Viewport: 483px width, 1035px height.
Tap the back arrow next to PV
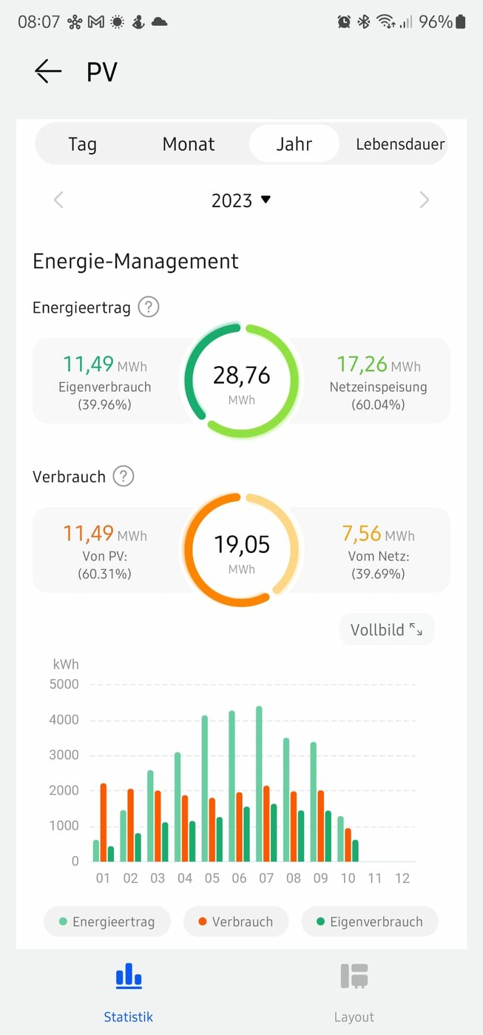coord(48,71)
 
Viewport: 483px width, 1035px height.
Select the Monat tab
coord(189,144)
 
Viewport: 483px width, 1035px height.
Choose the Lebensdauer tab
coord(400,144)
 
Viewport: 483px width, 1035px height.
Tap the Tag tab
coord(82,144)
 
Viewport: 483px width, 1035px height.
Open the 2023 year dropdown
coord(241,200)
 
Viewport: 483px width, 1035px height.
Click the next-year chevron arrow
coord(425,200)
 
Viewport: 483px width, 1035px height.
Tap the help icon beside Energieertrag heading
coord(149,307)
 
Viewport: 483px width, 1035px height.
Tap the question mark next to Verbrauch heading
coord(124,476)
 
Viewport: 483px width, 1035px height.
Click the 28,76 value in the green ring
coord(241,375)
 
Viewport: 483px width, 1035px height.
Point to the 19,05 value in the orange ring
coord(242,544)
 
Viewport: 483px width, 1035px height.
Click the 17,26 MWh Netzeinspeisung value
coord(379,364)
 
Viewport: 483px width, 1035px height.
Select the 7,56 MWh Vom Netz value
coord(378,533)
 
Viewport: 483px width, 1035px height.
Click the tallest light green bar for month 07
coord(260,784)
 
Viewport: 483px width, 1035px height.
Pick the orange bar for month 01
coord(104,822)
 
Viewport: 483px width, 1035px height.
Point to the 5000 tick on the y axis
coord(64,684)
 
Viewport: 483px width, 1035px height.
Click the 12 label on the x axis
coord(402,878)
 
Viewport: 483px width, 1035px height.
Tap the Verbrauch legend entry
coord(236,921)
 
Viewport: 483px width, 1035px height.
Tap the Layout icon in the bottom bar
coord(354,976)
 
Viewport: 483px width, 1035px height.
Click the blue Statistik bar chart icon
coord(129,976)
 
